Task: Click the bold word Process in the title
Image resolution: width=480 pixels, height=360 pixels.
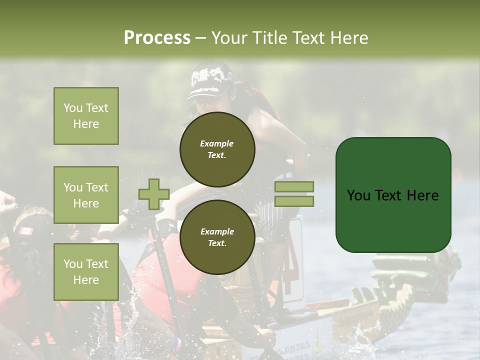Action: click(157, 38)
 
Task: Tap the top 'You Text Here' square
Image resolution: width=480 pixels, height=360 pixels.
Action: click(86, 116)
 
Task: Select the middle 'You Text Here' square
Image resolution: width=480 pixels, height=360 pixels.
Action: click(86, 195)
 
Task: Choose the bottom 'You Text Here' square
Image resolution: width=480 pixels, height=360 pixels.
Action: click(86, 271)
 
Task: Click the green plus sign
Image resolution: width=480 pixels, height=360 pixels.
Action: click(153, 194)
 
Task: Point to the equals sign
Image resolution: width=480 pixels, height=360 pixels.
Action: click(294, 194)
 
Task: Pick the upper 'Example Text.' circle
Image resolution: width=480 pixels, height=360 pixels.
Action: click(217, 149)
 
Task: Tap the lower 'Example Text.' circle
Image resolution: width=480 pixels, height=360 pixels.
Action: click(217, 237)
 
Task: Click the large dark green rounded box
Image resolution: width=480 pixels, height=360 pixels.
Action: click(393, 195)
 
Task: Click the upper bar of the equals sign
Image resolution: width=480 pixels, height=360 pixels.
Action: click(294, 186)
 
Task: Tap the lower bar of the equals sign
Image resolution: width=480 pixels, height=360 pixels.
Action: click(294, 201)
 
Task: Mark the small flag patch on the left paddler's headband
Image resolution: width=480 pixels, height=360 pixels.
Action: click(26, 231)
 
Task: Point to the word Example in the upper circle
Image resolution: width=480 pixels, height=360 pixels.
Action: click(217, 143)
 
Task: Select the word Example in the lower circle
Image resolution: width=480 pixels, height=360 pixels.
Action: click(217, 231)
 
